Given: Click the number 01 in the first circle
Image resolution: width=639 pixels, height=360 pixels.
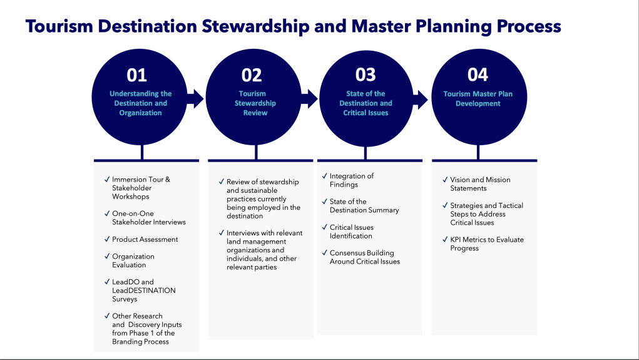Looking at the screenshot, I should pyautogui.click(x=136, y=75).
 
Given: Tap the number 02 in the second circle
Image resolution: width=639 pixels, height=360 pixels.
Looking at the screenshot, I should pyautogui.click(x=252, y=75).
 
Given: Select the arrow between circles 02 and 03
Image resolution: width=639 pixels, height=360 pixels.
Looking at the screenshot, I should pyautogui.click(x=309, y=98).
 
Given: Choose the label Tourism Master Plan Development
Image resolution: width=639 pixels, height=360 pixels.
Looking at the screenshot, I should pyautogui.click(x=478, y=99).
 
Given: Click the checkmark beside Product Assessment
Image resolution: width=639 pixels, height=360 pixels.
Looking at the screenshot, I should pyautogui.click(x=107, y=239).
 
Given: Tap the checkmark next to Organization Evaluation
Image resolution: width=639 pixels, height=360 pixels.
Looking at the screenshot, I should pyautogui.click(x=107, y=256).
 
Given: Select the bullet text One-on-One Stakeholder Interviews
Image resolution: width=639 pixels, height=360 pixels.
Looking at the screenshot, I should pyautogui.click(x=148, y=218).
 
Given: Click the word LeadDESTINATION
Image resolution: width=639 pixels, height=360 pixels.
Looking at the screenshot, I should pyautogui.click(x=143, y=291).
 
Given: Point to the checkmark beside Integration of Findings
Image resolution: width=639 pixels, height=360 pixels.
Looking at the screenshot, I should pyautogui.click(x=324, y=176).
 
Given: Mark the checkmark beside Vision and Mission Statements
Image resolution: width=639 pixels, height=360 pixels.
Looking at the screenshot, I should pyautogui.click(x=445, y=180).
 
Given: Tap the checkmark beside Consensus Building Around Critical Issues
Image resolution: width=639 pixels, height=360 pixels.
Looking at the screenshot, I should pyautogui.click(x=324, y=253).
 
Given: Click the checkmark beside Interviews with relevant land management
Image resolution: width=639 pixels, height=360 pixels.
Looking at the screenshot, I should pyautogui.click(x=222, y=233).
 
